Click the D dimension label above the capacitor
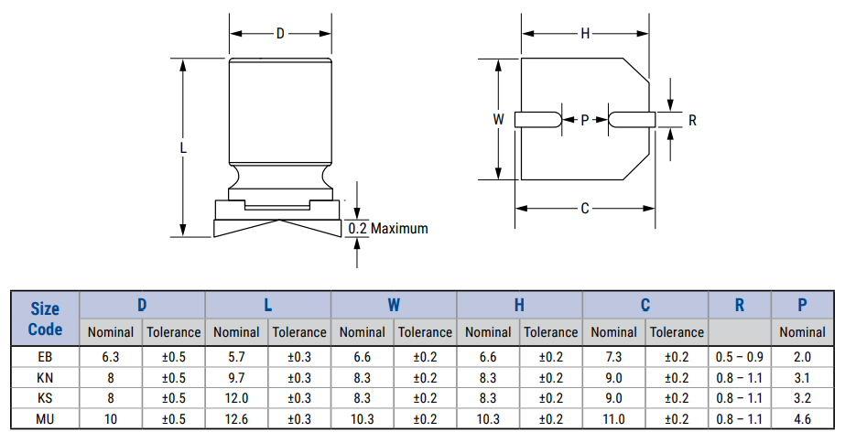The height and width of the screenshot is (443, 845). coord(280,34)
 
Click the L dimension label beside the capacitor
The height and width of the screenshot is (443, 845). coord(183,147)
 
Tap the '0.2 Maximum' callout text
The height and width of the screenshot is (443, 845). coord(388,229)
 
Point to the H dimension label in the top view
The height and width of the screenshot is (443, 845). coord(585,34)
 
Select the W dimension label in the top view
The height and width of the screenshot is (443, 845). coord(498,120)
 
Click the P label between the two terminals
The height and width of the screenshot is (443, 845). coord(585,120)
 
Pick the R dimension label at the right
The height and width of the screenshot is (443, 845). coord(692,120)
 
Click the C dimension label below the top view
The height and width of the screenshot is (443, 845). coord(585,209)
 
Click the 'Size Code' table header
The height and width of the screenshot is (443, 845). coord(45,319)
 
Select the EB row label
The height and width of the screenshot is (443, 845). coord(45,357)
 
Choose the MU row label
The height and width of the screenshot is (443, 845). coord(45,419)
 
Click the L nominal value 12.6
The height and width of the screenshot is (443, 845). coord(236,419)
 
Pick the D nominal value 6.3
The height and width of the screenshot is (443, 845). coord(111,357)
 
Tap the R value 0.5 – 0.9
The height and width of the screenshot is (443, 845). coord(740,357)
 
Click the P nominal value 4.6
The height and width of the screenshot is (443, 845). coord(802,419)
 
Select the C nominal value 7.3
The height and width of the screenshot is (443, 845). coord(613,357)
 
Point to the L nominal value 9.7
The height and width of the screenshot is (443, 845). coord(236,377)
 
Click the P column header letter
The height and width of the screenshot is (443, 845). coord(802,306)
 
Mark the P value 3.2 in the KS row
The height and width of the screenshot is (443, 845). coord(802,398)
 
